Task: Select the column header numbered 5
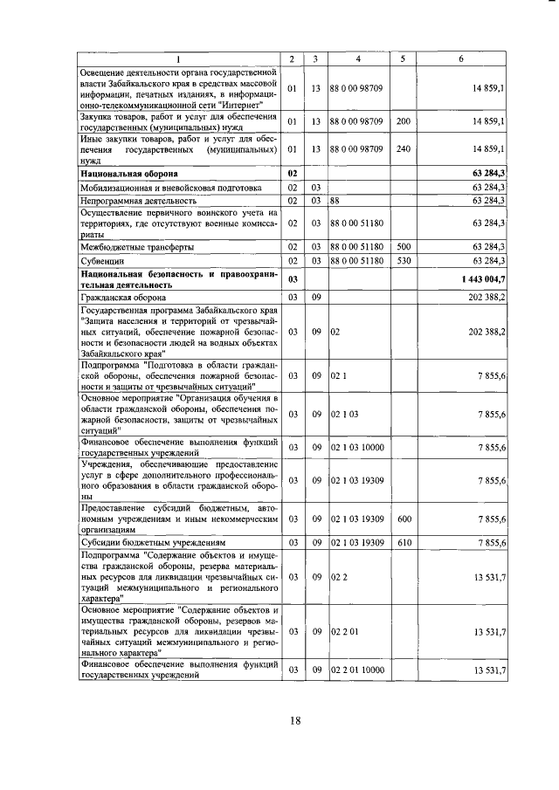pyautogui.click(x=403, y=58)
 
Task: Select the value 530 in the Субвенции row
pyautogui.click(x=403, y=260)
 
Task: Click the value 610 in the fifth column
pyautogui.click(x=403, y=541)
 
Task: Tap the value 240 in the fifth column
pyautogui.click(x=403, y=149)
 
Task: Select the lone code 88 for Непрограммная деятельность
pyautogui.click(x=335, y=200)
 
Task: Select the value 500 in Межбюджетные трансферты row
pyautogui.click(x=403, y=248)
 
